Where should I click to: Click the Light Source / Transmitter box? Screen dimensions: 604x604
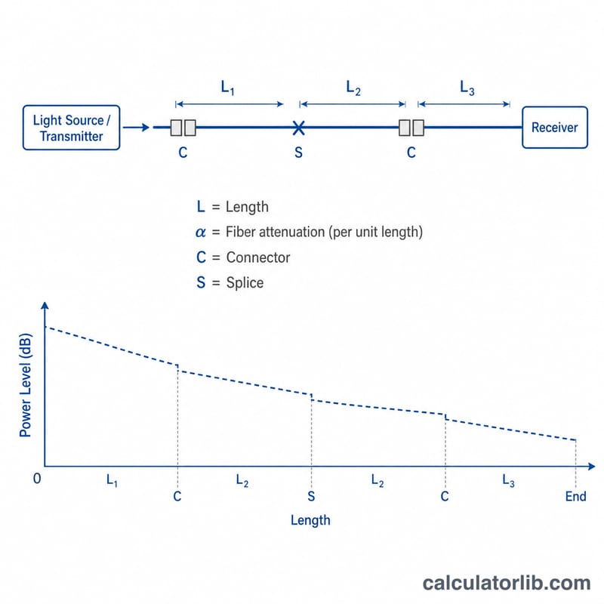pyautogui.click(x=71, y=128)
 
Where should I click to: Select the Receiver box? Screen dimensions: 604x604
pyautogui.click(x=555, y=128)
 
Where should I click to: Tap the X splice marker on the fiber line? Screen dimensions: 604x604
pyautogui.click(x=298, y=128)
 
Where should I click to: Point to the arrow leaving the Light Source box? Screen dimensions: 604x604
pyautogui.click(x=136, y=127)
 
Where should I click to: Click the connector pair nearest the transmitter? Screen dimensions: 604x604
pyautogui.click(x=183, y=128)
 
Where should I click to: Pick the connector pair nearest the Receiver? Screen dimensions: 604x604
pyautogui.click(x=411, y=128)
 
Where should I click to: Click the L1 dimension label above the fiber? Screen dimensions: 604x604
pyautogui.click(x=228, y=88)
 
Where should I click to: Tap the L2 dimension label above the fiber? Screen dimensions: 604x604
pyautogui.click(x=353, y=88)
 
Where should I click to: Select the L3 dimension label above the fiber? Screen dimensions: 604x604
pyautogui.click(x=467, y=88)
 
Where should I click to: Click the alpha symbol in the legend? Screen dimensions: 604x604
pyautogui.click(x=200, y=233)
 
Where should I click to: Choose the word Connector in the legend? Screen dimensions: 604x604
pyautogui.click(x=258, y=257)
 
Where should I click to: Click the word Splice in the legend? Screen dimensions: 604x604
pyautogui.click(x=245, y=282)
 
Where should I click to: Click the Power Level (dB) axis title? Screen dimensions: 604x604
pyautogui.click(x=26, y=385)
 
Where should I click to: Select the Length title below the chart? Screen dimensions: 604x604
pyautogui.click(x=310, y=520)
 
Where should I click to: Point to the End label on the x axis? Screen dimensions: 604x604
pyautogui.click(x=575, y=497)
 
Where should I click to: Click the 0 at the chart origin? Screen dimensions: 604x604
pyautogui.click(x=37, y=479)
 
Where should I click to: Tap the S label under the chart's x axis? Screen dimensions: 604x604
pyautogui.click(x=311, y=497)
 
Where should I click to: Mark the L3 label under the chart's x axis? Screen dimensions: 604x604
pyautogui.click(x=508, y=480)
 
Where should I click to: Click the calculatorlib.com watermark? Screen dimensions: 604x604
pyautogui.click(x=507, y=583)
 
